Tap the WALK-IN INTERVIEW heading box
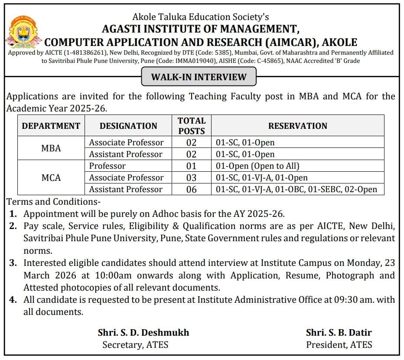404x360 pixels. (x=199, y=77)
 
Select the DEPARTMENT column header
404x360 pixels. (x=51, y=126)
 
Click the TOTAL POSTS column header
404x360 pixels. (x=192, y=125)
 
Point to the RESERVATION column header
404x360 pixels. (x=298, y=126)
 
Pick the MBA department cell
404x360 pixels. (x=51, y=148)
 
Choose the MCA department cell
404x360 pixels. (x=51, y=178)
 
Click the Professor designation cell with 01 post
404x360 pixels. (x=108, y=166)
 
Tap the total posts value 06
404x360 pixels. (x=191, y=190)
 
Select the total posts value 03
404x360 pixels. (x=191, y=178)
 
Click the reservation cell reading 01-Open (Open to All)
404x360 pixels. (x=257, y=166)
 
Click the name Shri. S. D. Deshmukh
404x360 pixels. (x=143, y=333)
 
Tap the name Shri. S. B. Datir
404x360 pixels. (x=339, y=333)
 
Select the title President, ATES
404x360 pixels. (x=339, y=345)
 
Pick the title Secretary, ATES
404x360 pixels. (x=135, y=345)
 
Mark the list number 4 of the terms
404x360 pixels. (x=13, y=300)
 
